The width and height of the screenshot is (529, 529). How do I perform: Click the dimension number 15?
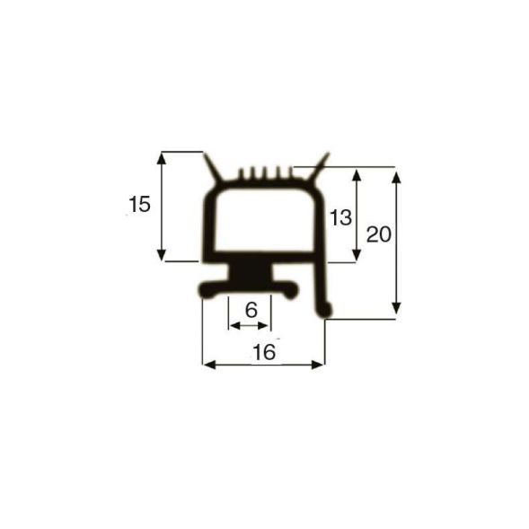[x=139, y=205]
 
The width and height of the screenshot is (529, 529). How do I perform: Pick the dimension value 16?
[x=263, y=353]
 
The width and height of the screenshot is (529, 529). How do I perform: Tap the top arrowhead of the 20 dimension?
[x=396, y=172]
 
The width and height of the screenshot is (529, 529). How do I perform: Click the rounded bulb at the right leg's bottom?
[x=327, y=310]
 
